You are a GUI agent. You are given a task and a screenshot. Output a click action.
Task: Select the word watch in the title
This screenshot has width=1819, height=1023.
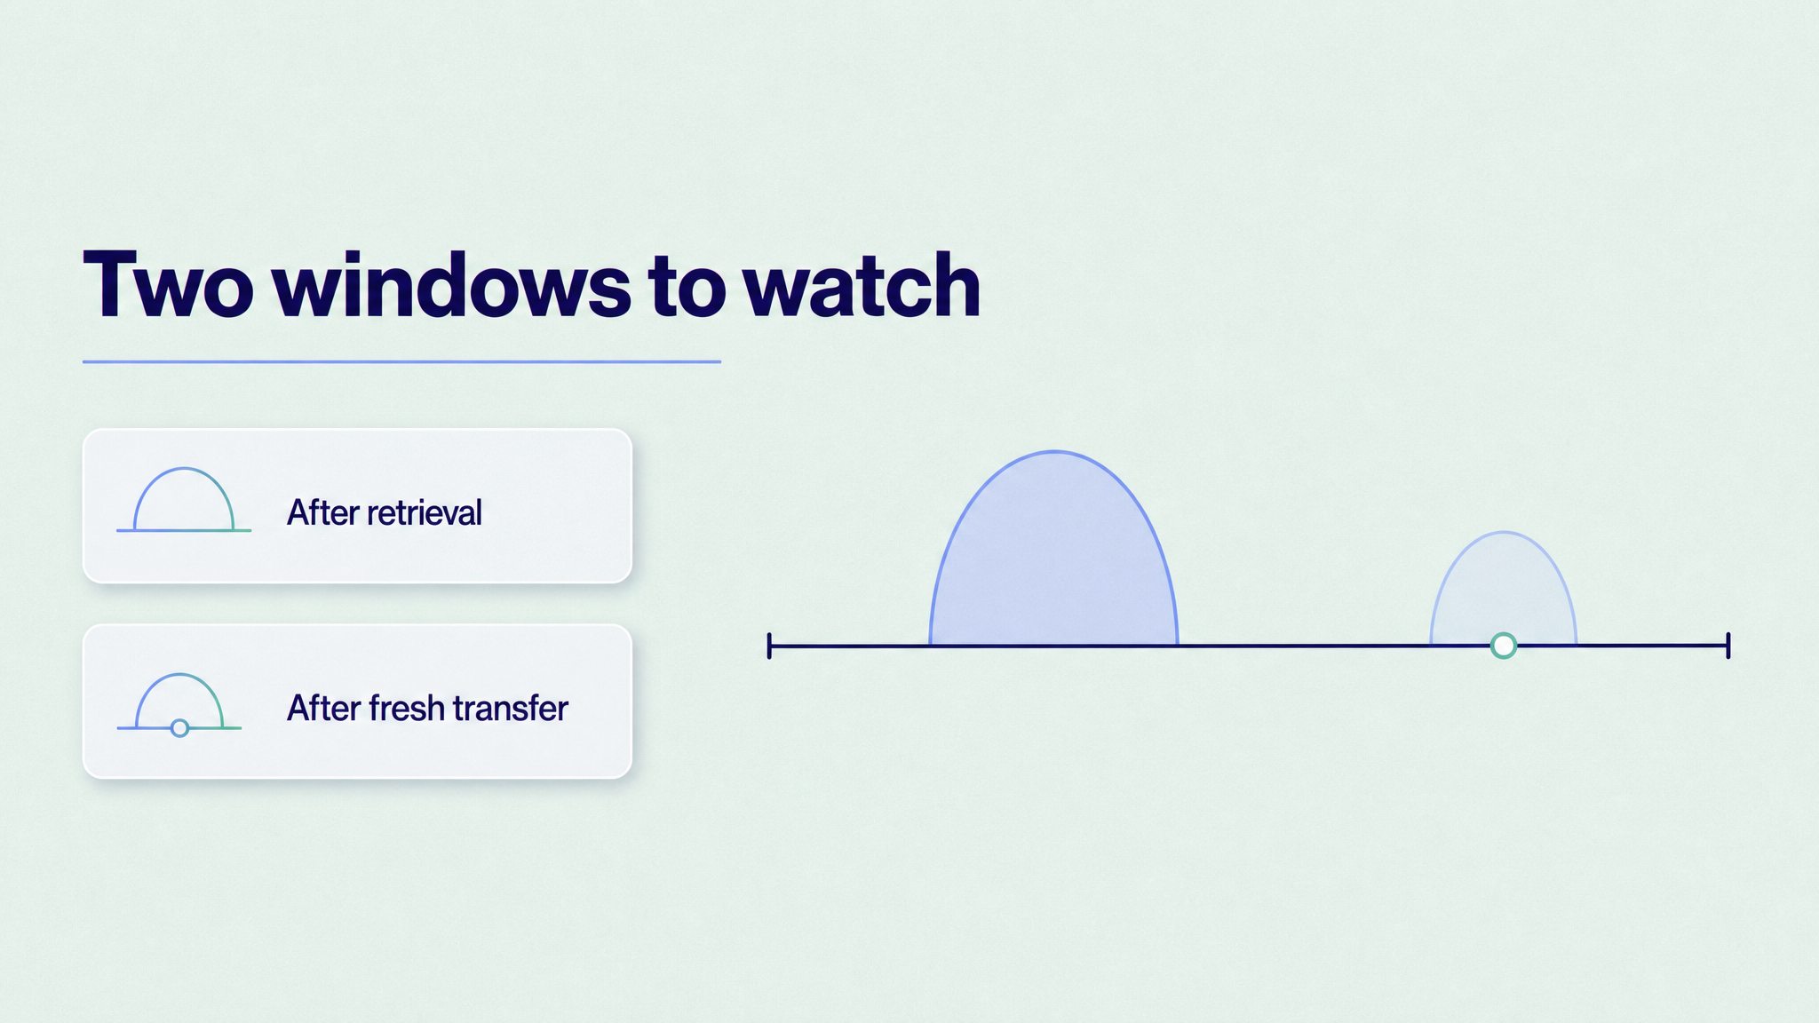pos(861,284)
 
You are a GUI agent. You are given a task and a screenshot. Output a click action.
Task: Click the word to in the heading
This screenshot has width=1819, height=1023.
pos(687,288)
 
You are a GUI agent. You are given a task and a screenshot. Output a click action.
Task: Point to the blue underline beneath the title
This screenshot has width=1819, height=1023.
pos(401,361)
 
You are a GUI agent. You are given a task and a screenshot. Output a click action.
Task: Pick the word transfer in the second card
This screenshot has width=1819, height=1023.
pos(510,708)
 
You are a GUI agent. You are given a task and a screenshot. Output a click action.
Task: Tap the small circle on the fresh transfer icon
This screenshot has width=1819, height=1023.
pos(179,728)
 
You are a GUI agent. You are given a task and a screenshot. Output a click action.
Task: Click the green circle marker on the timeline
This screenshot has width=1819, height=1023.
pos(1503,646)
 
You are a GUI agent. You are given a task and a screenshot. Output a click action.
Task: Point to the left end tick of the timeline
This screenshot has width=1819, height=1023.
pos(769,646)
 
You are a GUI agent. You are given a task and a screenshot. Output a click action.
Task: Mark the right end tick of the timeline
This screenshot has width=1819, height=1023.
pos(1728,646)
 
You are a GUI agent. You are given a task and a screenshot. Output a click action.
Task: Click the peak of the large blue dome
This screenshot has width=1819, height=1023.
pos(1054,451)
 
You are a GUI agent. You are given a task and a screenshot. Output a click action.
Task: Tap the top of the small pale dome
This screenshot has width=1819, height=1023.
pos(1504,532)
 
